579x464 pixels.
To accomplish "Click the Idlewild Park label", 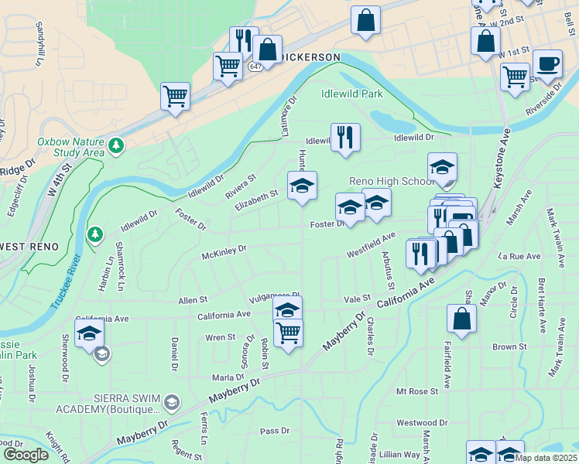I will [352, 94].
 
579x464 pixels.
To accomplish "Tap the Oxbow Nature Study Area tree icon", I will [116, 145].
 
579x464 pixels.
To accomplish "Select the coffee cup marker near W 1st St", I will [547, 64].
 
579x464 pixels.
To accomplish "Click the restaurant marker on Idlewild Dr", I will [345, 138].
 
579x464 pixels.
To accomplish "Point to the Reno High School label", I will [392, 181].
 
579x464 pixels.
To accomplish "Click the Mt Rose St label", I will [417, 392].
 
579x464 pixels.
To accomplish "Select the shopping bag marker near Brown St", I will [461, 319].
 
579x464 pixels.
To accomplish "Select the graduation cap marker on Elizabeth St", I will [303, 186].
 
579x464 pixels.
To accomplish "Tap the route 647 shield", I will [256, 67].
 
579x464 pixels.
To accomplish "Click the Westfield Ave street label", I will [371, 244].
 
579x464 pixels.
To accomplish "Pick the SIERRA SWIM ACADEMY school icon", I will [171, 403].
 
